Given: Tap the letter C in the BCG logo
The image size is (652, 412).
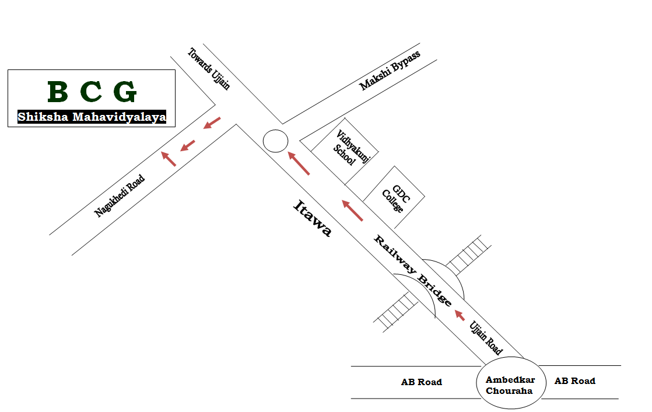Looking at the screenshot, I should coord(92,92).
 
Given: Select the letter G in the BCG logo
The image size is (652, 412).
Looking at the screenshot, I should coord(125,92).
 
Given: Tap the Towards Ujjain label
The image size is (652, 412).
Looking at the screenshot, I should coord(209,69).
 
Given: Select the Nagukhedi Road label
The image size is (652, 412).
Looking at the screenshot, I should coord(120,196).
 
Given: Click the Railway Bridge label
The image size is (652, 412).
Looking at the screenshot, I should coord(413,271).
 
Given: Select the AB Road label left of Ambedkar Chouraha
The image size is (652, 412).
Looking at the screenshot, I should coord(421,382).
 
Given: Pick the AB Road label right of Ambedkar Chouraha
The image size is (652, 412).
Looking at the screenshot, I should coord(574,381).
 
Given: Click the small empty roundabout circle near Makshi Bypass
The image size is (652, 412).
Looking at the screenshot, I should coord(275,141).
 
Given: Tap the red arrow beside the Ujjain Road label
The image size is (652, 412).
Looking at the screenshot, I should coord(460,315).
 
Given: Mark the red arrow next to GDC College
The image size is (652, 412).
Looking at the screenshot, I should coord(352,210).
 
